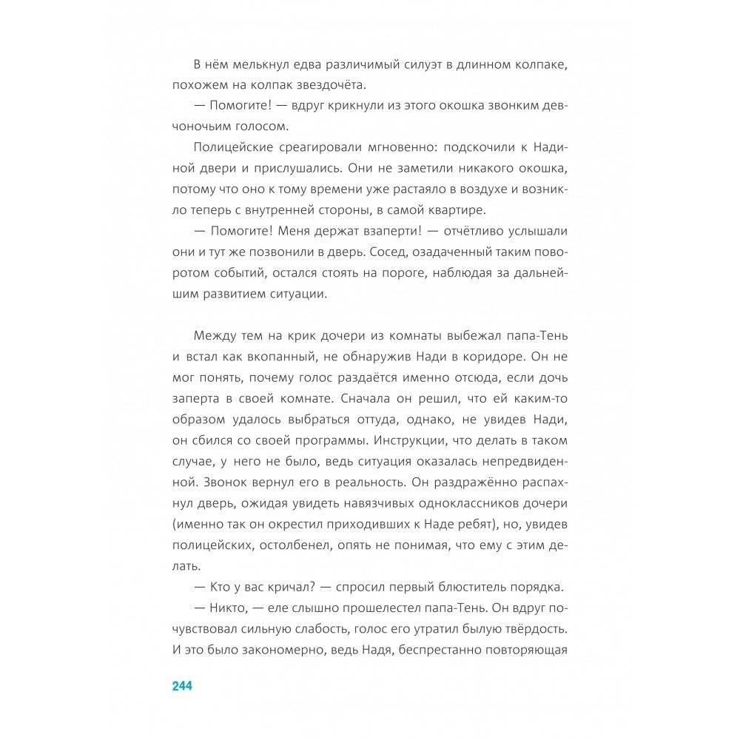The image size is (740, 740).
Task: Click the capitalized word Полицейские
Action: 226,149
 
